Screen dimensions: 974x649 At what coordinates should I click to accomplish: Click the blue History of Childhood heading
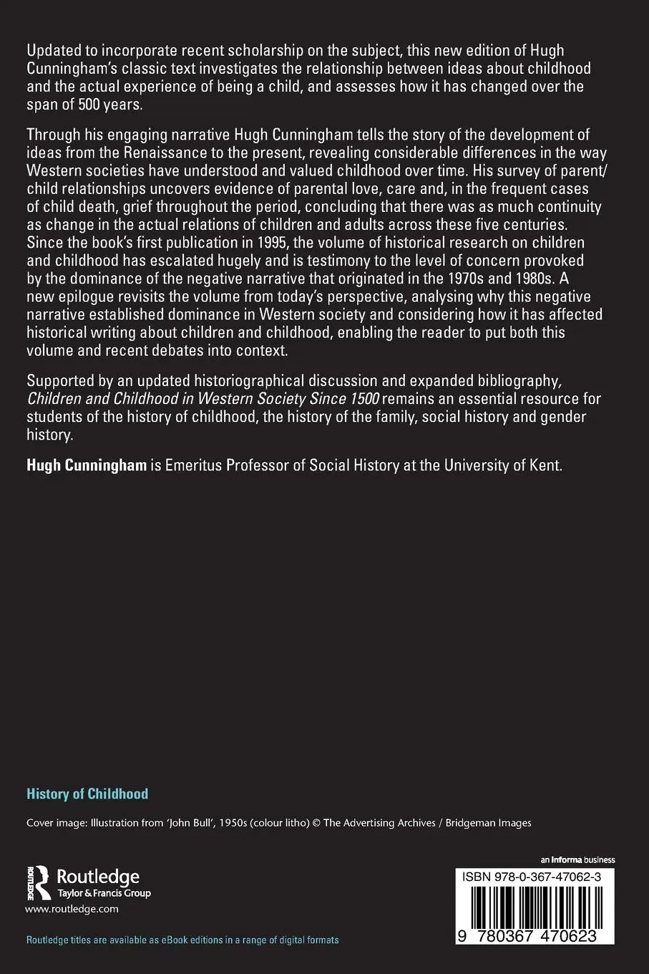click(87, 794)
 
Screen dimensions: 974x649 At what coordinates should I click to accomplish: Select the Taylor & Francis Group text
click(103, 893)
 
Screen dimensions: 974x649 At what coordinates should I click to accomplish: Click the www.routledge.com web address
click(72, 909)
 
